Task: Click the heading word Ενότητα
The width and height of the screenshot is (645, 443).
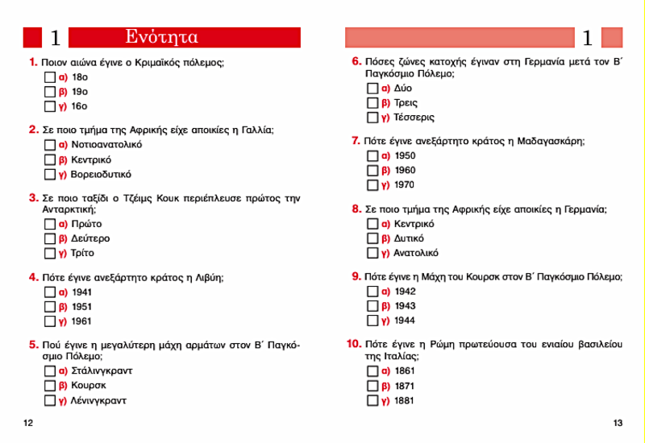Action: [x=162, y=37]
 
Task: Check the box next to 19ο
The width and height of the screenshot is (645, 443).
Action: [x=49, y=92]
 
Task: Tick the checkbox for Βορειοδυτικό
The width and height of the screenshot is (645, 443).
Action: [x=49, y=174]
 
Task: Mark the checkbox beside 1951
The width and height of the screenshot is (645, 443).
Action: [x=49, y=307]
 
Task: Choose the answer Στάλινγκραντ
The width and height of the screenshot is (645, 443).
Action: [x=102, y=371]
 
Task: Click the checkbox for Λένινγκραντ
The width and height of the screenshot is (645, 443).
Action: [x=49, y=400]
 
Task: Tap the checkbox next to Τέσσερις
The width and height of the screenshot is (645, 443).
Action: [x=372, y=118]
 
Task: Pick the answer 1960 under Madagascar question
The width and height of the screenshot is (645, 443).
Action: [x=406, y=170]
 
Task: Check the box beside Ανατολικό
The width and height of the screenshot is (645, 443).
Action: [x=372, y=253]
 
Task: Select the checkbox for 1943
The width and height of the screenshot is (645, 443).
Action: [x=372, y=306]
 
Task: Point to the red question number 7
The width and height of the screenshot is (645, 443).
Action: [x=356, y=141]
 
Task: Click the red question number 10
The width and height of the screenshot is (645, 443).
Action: [x=353, y=344]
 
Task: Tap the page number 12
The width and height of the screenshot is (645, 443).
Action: [x=28, y=424]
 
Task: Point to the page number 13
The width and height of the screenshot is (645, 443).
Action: [x=618, y=424]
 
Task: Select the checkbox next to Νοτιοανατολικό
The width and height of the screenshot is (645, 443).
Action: [x=49, y=145]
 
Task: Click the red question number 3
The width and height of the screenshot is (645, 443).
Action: [x=33, y=197]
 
